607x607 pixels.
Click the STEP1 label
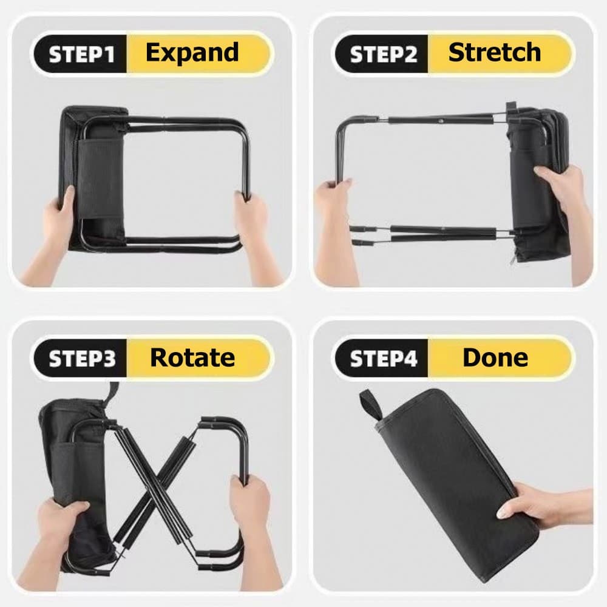coord(82,54)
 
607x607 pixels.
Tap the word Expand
coord(192,53)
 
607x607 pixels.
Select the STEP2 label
coord(383,54)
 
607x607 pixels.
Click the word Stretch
coord(494,52)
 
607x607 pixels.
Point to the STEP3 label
coord(82,359)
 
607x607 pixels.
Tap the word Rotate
coord(192,358)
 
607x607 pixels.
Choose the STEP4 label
coord(383,359)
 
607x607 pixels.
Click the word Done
coord(495,358)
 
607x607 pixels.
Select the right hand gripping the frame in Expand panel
coord(257,236)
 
